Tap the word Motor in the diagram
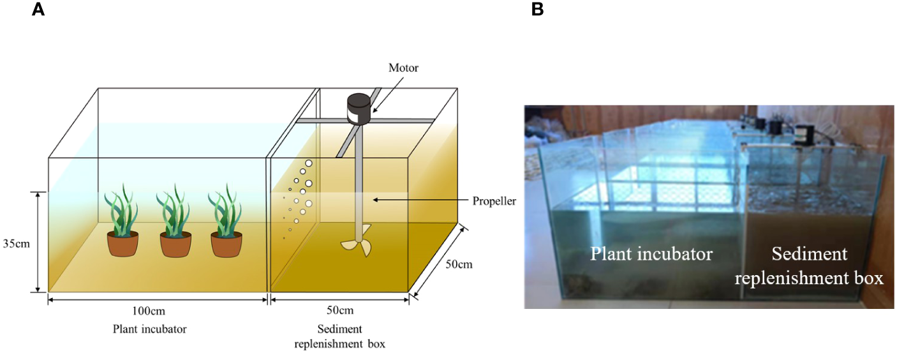coord(404,67)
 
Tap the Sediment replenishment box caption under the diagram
coord(339,336)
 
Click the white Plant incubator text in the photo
coord(651,253)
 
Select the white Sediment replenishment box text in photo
coord(813,266)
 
